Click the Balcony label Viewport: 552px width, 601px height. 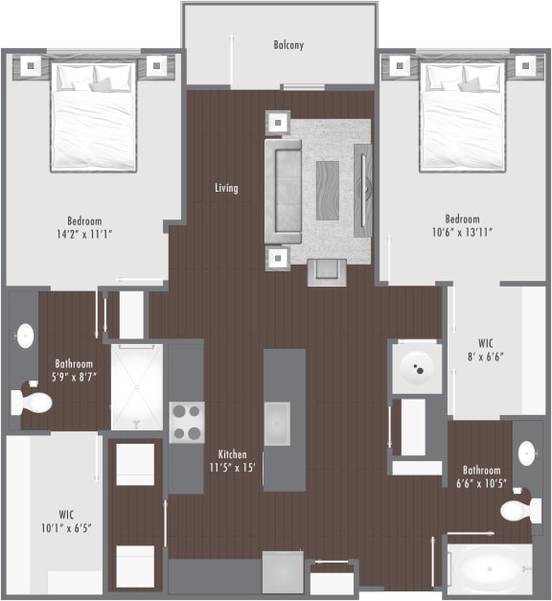[x=288, y=45]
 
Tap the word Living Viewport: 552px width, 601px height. [x=226, y=188]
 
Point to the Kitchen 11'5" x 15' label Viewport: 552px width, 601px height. [x=233, y=461]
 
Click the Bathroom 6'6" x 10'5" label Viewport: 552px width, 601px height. [x=481, y=477]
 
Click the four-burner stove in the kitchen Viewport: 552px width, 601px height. [x=187, y=422]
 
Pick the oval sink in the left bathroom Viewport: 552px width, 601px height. [x=24, y=336]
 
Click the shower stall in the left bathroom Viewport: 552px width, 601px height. [x=137, y=386]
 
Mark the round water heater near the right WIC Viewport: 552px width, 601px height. [x=417, y=367]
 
